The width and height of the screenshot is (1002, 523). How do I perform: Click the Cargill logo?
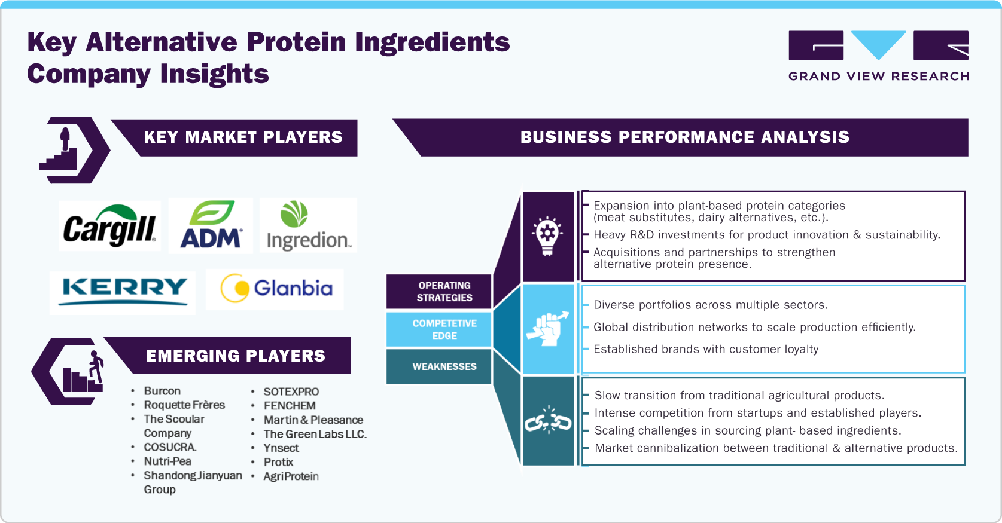pos(109,226)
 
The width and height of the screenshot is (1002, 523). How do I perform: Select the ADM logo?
pos(211,226)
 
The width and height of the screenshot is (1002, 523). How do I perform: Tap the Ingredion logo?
pos(308,226)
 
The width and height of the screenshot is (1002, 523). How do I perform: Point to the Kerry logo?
pos(123,291)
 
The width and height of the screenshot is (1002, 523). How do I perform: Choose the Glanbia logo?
pos(275,289)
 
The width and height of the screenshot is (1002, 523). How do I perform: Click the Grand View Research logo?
pos(878,56)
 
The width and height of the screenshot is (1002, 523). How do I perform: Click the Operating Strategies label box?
pos(444,292)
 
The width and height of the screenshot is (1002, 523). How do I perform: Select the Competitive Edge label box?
pos(444,329)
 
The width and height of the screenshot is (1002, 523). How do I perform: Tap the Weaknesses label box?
pos(444,366)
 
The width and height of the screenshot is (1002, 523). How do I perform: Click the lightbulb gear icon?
pos(547,237)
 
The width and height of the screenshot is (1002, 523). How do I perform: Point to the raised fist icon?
pos(547,329)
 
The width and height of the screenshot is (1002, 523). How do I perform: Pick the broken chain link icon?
pos(548,421)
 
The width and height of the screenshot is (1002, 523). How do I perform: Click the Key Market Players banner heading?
pos(243,137)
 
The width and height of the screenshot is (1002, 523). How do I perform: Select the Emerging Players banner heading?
pos(236,356)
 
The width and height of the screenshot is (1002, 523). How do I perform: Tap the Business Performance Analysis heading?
pos(684,137)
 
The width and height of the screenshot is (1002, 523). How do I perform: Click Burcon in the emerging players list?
pos(162,391)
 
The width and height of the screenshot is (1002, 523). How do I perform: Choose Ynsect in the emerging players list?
pos(281,448)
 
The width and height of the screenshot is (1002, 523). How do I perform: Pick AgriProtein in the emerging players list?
pos(291,476)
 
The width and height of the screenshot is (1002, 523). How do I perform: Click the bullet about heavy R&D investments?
pos(766,235)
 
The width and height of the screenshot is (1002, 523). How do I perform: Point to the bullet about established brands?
pos(705,349)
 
